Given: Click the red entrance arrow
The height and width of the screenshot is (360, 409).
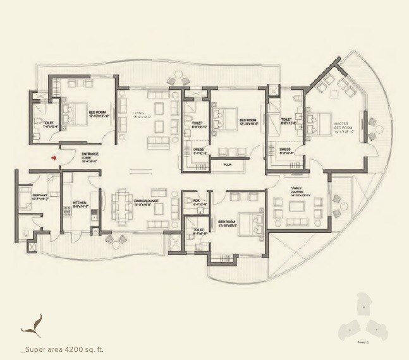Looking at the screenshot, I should point(55,158).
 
